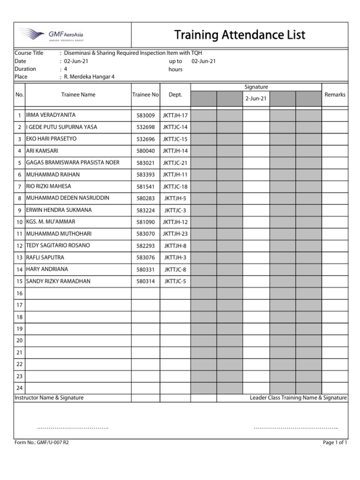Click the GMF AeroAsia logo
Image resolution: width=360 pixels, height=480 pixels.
[x=52, y=35]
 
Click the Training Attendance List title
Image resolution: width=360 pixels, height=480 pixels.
[x=240, y=35]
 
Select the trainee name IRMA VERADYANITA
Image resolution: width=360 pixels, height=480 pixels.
[x=51, y=115]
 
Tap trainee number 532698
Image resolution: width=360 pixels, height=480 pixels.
[x=145, y=127]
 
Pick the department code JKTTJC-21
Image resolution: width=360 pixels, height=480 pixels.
[x=175, y=163]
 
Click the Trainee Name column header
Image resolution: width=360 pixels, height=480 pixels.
[x=78, y=95]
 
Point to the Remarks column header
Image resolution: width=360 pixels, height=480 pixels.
[x=335, y=95]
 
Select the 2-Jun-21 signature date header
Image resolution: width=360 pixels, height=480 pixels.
[x=256, y=98]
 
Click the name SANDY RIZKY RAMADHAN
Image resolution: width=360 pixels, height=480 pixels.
[x=58, y=281]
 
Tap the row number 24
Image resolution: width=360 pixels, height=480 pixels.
[x=19, y=388]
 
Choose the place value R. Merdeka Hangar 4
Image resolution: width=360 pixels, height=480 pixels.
[x=89, y=77]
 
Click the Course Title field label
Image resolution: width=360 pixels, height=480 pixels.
[x=29, y=53]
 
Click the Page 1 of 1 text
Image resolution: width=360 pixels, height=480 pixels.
[x=335, y=442]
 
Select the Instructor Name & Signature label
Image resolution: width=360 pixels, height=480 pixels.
[x=49, y=397]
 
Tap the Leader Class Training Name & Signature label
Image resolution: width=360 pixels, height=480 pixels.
[x=298, y=397]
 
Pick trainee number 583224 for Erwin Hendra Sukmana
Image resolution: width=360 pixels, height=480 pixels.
[x=145, y=210]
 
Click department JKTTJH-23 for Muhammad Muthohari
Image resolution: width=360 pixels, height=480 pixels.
[x=175, y=234]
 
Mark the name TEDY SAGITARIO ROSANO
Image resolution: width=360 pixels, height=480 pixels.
[x=58, y=246]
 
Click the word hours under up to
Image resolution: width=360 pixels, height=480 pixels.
[x=175, y=69]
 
